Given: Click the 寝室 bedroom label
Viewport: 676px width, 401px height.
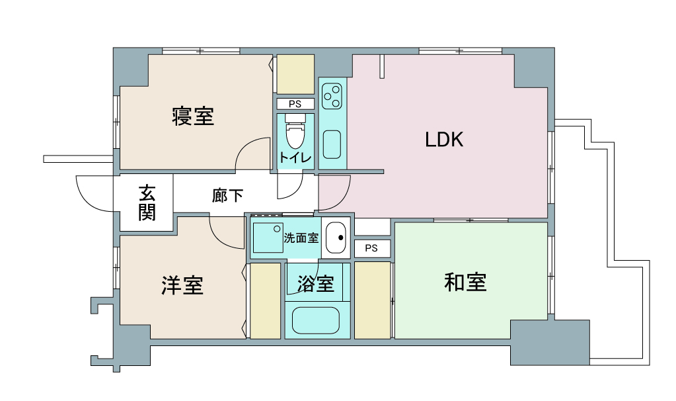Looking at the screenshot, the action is pyautogui.click(x=193, y=116).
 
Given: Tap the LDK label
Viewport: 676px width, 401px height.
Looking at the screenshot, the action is pyautogui.click(x=444, y=140).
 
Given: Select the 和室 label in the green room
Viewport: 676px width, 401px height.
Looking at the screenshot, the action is pyautogui.click(x=465, y=283).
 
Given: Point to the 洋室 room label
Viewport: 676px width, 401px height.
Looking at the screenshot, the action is pyautogui.click(x=182, y=285).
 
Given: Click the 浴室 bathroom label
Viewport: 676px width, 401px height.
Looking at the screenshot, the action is pyautogui.click(x=316, y=284).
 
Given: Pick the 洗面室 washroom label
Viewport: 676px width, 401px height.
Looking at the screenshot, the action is pyautogui.click(x=301, y=238).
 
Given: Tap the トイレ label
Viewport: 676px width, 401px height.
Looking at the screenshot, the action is pyautogui.click(x=295, y=157).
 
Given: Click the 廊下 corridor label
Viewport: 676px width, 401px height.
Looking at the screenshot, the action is pyautogui.click(x=227, y=195).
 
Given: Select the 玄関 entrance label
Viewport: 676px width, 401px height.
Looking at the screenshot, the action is pyautogui.click(x=147, y=202).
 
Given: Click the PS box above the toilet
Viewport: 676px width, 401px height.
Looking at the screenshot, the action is pyautogui.click(x=295, y=104).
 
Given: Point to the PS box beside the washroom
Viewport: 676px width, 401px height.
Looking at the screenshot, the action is pyautogui.click(x=371, y=248).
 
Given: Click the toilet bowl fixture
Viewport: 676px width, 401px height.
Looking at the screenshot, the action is pyautogui.click(x=295, y=131).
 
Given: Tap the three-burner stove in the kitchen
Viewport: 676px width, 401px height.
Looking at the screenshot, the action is pyautogui.click(x=332, y=96).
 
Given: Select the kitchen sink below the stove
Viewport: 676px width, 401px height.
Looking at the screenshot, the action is pyautogui.click(x=332, y=144).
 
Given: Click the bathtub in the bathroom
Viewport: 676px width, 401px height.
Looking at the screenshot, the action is pyautogui.click(x=316, y=320).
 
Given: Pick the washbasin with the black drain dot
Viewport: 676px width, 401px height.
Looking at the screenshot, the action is pyautogui.click(x=336, y=238).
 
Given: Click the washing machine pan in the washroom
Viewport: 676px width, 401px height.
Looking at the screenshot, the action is pyautogui.click(x=268, y=238).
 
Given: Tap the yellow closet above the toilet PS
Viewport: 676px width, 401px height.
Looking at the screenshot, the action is pyautogui.click(x=295, y=74).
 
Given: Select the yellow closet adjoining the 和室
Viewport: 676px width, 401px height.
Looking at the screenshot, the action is pyautogui.click(x=373, y=300).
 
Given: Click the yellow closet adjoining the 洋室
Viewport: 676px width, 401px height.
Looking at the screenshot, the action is pyautogui.click(x=266, y=300).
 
